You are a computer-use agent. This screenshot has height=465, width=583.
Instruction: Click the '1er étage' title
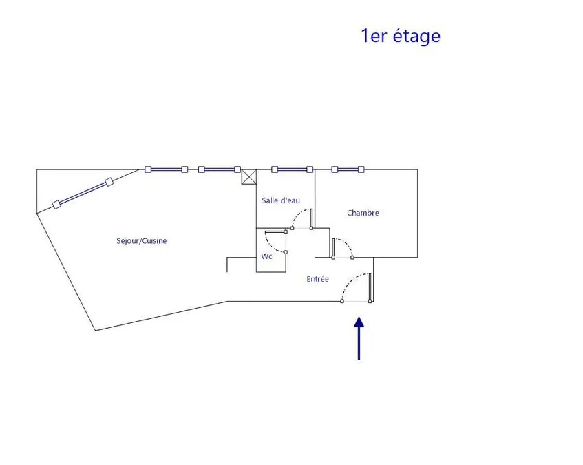click(x=401, y=36)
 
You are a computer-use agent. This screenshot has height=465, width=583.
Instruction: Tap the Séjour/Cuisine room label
click(x=142, y=240)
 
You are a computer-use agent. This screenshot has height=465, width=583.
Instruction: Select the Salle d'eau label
click(x=281, y=200)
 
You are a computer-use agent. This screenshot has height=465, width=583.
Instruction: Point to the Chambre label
click(x=363, y=213)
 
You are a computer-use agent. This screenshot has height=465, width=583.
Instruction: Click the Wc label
click(x=266, y=256)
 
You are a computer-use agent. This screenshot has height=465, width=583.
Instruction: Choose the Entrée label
click(x=317, y=279)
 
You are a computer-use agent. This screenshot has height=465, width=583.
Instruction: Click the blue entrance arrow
click(x=359, y=338)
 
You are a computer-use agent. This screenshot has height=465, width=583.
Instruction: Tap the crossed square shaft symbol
click(x=249, y=176)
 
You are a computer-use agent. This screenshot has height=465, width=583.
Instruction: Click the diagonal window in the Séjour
click(x=83, y=194)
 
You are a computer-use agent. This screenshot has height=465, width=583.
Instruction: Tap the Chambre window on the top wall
click(x=348, y=169)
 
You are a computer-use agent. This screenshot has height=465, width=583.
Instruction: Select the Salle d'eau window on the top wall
click(x=293, y=169)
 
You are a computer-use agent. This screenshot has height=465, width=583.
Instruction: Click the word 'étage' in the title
click(x=417, y=36)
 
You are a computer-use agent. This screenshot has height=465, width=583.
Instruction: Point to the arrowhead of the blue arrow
click(x=359, y=322)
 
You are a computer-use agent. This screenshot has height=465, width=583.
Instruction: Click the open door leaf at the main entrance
click(x=370, y=287)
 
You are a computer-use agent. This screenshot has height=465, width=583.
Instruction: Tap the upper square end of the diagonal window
click(x=109, y=182)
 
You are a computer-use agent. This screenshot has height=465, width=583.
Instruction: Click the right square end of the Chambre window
click(x=361, y=169)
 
